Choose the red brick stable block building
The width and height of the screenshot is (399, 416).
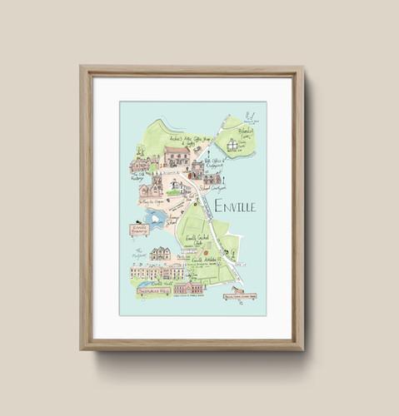(189, 288)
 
